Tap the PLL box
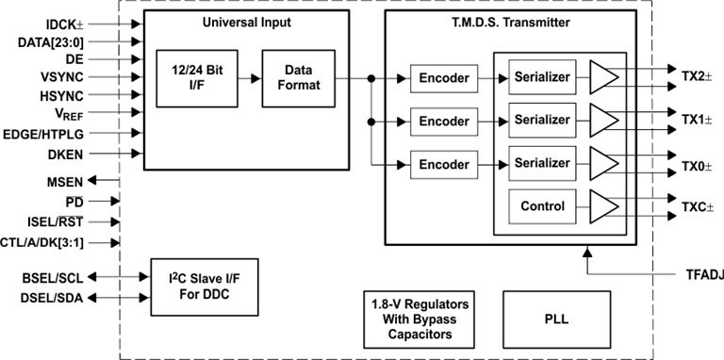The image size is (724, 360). [x=556, y=319]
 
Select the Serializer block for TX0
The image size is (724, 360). [x=541, y=163]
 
